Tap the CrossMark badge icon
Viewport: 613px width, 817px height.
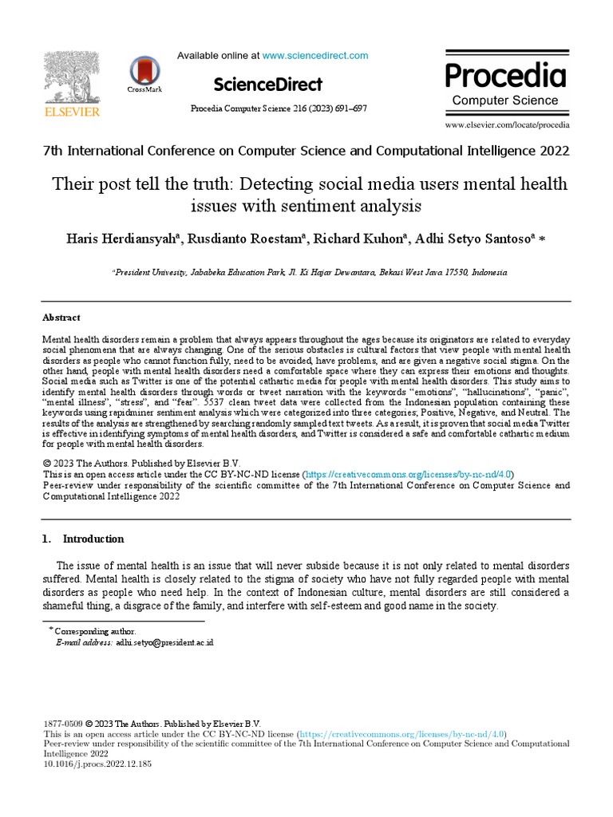[x=144, y=74]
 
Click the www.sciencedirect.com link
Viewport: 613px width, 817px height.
[x=315, y=56]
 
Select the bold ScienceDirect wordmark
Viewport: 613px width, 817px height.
[x=268, y=85]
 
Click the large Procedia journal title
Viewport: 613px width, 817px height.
[x=505, y=76]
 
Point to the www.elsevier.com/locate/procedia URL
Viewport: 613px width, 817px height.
[x=507, y=125]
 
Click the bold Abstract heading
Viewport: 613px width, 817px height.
[x=61, y=318]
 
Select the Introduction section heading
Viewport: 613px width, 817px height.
[x=93, y=539]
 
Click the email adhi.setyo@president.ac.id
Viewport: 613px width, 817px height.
[x=164, y=641]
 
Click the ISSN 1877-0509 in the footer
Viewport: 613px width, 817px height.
[x=62, y=724]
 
